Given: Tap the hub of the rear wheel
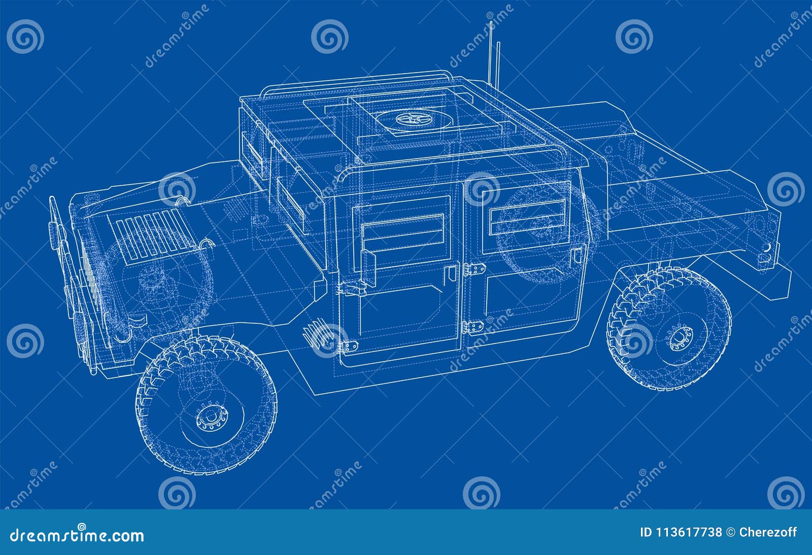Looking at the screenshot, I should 677,337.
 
